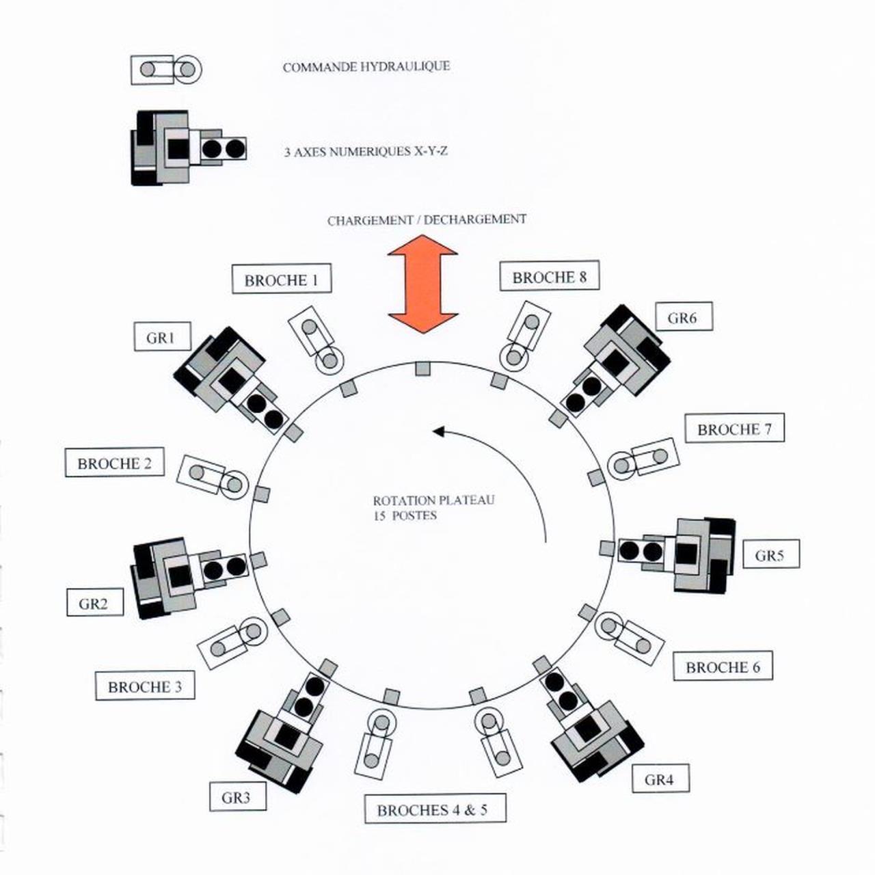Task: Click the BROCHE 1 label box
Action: [x=282, y=279]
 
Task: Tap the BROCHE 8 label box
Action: [x=550, y=276]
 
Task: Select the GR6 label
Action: [x=684, y=317]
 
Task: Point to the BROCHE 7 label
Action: [x=734, y=428]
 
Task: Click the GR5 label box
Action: [x=771, y=554]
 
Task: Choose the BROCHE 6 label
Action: [x=723, y=666]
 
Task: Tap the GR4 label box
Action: [x=660, y=779]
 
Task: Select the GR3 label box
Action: [x=237, y=796]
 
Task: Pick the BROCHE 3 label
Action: [x=145, y=685]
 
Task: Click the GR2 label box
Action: [x=95, y=602]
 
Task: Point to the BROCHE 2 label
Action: [x=114, y=462]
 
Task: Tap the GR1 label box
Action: [x=162, y=336]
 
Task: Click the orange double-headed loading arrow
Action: [x=422, y=284]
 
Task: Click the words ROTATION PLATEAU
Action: [x=433, y=500]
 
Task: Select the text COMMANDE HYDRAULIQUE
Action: [x=366, y=67]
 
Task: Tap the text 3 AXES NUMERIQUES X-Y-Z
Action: [x=366, y=151]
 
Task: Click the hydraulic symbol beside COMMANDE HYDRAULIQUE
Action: [x=165, y=70]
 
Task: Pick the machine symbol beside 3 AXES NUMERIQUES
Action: [x=189, y=148]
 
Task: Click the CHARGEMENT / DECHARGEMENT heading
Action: [x=427, y=219]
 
